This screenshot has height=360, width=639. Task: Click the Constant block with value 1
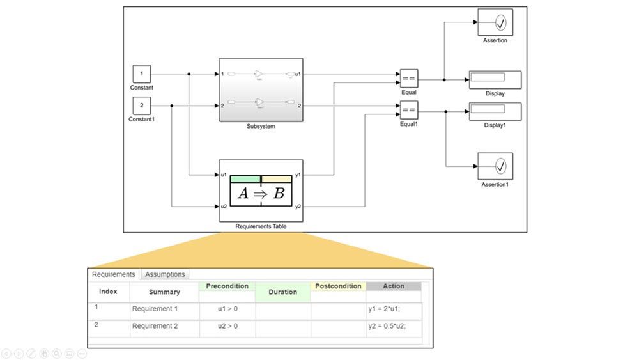[x=142, y=74]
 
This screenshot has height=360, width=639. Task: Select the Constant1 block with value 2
[x=142, y=106]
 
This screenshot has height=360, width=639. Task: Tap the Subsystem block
[x=261, y=89]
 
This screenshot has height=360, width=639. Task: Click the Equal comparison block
[x=409, y=79]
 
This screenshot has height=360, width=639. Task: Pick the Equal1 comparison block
[x=409, y=110]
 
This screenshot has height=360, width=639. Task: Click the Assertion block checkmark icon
[x=501, y=24]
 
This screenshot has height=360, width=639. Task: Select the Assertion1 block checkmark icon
[x=501, y=167]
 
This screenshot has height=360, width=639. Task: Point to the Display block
[x=495, y=79]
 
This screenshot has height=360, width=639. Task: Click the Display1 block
[x=495, y=111]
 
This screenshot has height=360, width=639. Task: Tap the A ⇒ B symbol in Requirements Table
[x=261, y=193]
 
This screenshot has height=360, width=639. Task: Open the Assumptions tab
[x=165, y=274]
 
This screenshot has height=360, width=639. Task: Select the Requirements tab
[x=114, y=274]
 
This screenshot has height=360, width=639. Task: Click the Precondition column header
[x=227, y=286]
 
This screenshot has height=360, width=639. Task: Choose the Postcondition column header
[x=338, y=286]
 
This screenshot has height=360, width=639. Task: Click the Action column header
[x=394, y=286]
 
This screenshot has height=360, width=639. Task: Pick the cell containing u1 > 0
[x=227, y=309]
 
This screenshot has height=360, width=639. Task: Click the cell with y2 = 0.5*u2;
[x=387, y=326]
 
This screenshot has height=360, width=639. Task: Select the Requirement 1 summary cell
[x=155, y=309]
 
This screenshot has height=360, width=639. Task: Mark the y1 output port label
[x=298, y=175]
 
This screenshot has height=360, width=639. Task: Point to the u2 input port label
[x=224, y=207]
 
